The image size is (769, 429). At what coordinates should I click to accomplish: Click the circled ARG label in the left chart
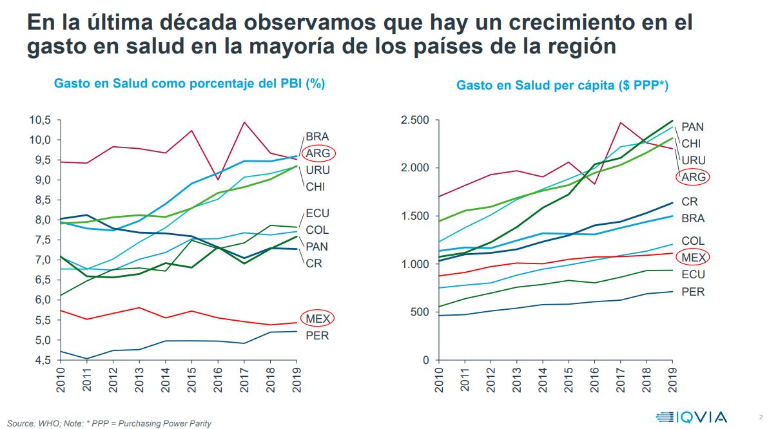click(x=318, y=153)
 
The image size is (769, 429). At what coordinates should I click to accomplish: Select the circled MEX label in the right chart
click(x=692, y=258)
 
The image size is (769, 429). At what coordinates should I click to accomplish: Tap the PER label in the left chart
click(x=317, y=335)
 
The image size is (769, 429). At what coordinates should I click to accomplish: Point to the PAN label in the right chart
click(x=692, y=127)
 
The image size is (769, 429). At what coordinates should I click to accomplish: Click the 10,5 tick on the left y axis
click(x=40, y=120)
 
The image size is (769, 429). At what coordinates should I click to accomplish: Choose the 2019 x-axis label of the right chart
click(x=672, y=380)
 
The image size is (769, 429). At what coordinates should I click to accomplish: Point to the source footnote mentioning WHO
click(x=109, y=423)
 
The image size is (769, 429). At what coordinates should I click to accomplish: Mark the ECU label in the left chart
click(x=318, y=213)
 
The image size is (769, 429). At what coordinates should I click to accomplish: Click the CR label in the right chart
click(x=689, y=202)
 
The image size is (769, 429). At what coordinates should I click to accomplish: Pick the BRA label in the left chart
click(x=317, y=137)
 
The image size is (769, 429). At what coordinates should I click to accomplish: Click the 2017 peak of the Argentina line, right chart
click(x=620, y=122)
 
